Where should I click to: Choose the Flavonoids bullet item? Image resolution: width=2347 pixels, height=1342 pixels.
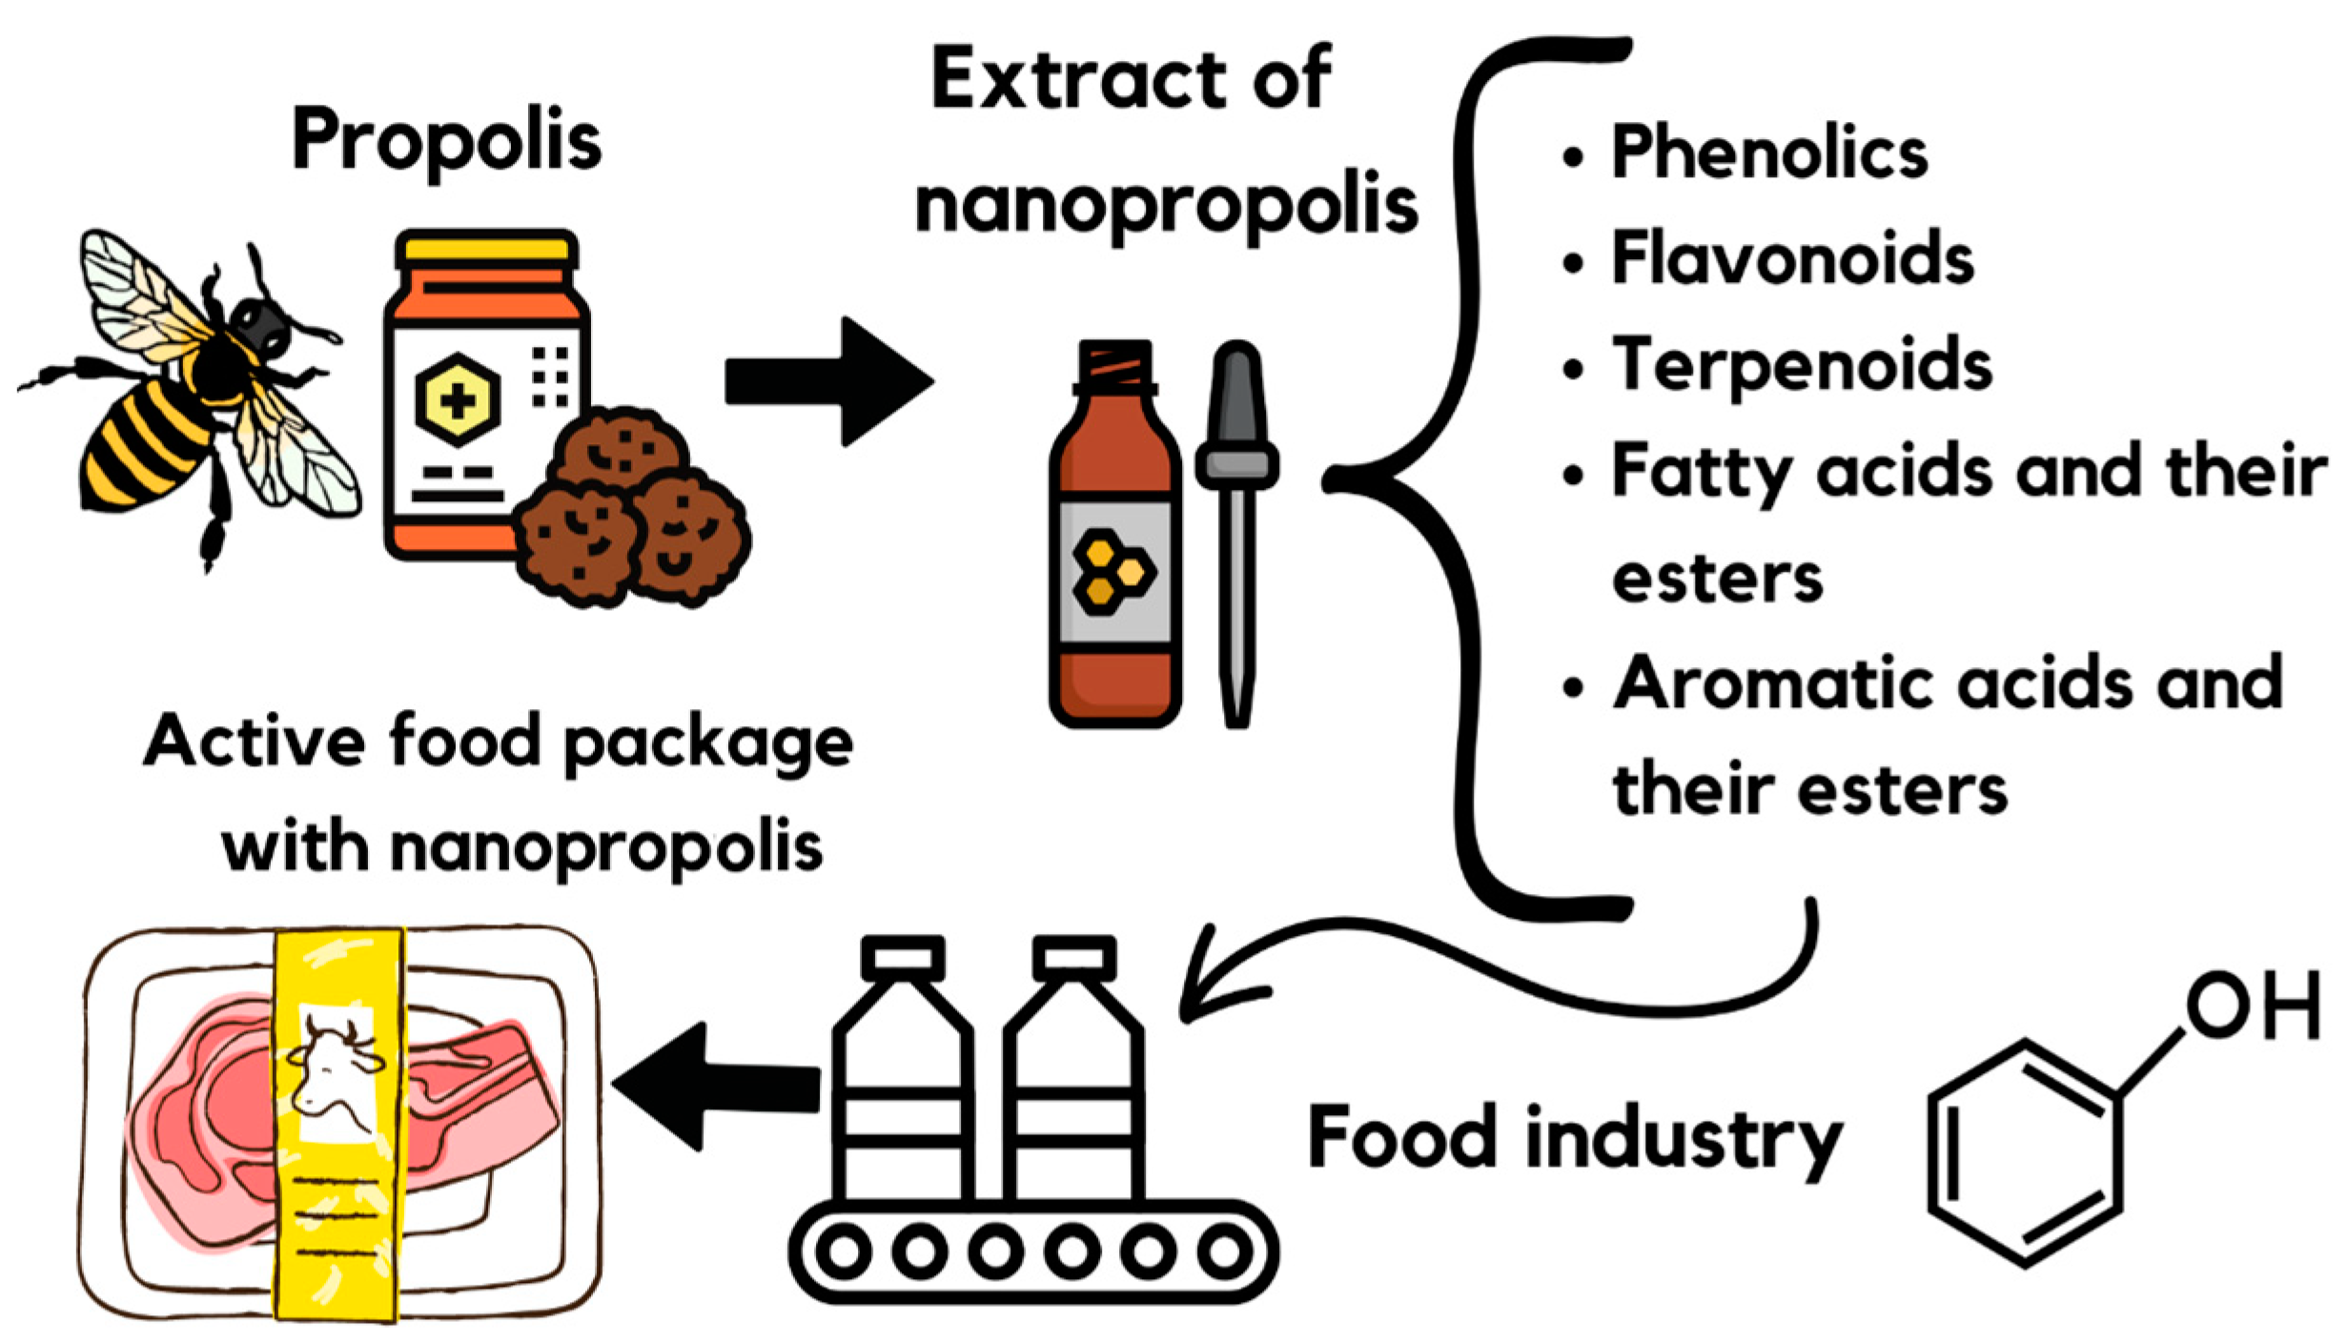point(1792,259)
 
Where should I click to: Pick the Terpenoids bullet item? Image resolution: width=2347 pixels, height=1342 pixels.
point(1802,366)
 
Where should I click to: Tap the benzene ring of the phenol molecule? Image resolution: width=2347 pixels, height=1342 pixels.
point(2026,1153)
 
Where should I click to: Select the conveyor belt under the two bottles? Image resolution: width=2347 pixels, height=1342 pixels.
point(1034,1250)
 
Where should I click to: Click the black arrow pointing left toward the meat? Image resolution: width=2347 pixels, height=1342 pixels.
point(715,1087)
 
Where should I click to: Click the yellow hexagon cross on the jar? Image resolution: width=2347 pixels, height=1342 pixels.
point(458,400)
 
